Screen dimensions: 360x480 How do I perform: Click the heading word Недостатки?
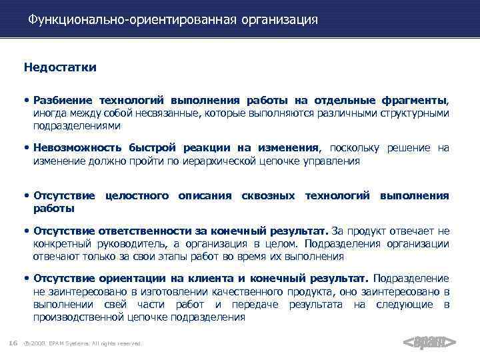(x=60, y=67)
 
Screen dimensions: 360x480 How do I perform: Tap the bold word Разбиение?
(x=61, y=101)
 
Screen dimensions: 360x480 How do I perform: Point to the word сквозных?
(x=269, y=196)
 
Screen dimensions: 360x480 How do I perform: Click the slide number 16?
(x=13, y=343)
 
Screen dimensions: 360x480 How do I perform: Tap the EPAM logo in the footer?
(x=430, y=343)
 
